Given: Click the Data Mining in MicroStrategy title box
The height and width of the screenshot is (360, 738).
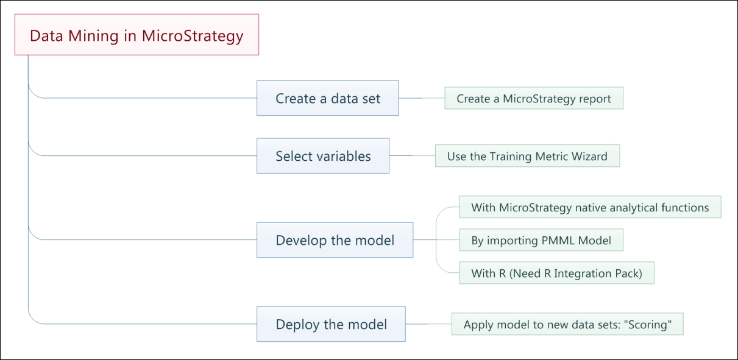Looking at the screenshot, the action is (x=137, y=35).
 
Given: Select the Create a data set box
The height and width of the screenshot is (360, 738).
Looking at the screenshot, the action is (x=327, y=98).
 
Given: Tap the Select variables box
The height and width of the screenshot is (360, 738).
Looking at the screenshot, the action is (x=323, y=156).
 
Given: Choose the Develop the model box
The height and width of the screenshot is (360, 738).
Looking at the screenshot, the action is (x=335, y=240).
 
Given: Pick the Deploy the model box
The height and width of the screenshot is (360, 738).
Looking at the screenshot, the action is (x=331, y=324).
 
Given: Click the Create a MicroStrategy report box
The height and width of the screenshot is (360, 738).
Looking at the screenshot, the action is (x=534, y=98).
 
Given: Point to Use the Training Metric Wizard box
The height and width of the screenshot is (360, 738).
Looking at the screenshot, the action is (x=528, y=156).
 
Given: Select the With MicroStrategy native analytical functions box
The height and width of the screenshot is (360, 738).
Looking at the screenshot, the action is (x=590, y=207).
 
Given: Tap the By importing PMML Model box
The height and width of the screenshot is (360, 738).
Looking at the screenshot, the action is (x=541, y=240).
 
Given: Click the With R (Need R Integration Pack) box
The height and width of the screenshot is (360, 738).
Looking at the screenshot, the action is (x=557, y=273).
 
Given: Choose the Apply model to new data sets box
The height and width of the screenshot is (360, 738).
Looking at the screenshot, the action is (x=567, y=324).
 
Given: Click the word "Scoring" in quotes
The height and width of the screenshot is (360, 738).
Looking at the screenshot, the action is (x=648, y=325).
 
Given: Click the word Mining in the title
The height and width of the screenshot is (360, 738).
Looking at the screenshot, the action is (x=93, y=36).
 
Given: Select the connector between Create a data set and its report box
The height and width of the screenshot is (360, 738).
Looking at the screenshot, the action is (x=422, y=98).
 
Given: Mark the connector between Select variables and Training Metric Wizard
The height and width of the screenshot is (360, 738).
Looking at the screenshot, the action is (x=412, y=155).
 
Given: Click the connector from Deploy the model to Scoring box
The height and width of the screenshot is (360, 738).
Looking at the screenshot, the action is (x=428, y=324).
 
